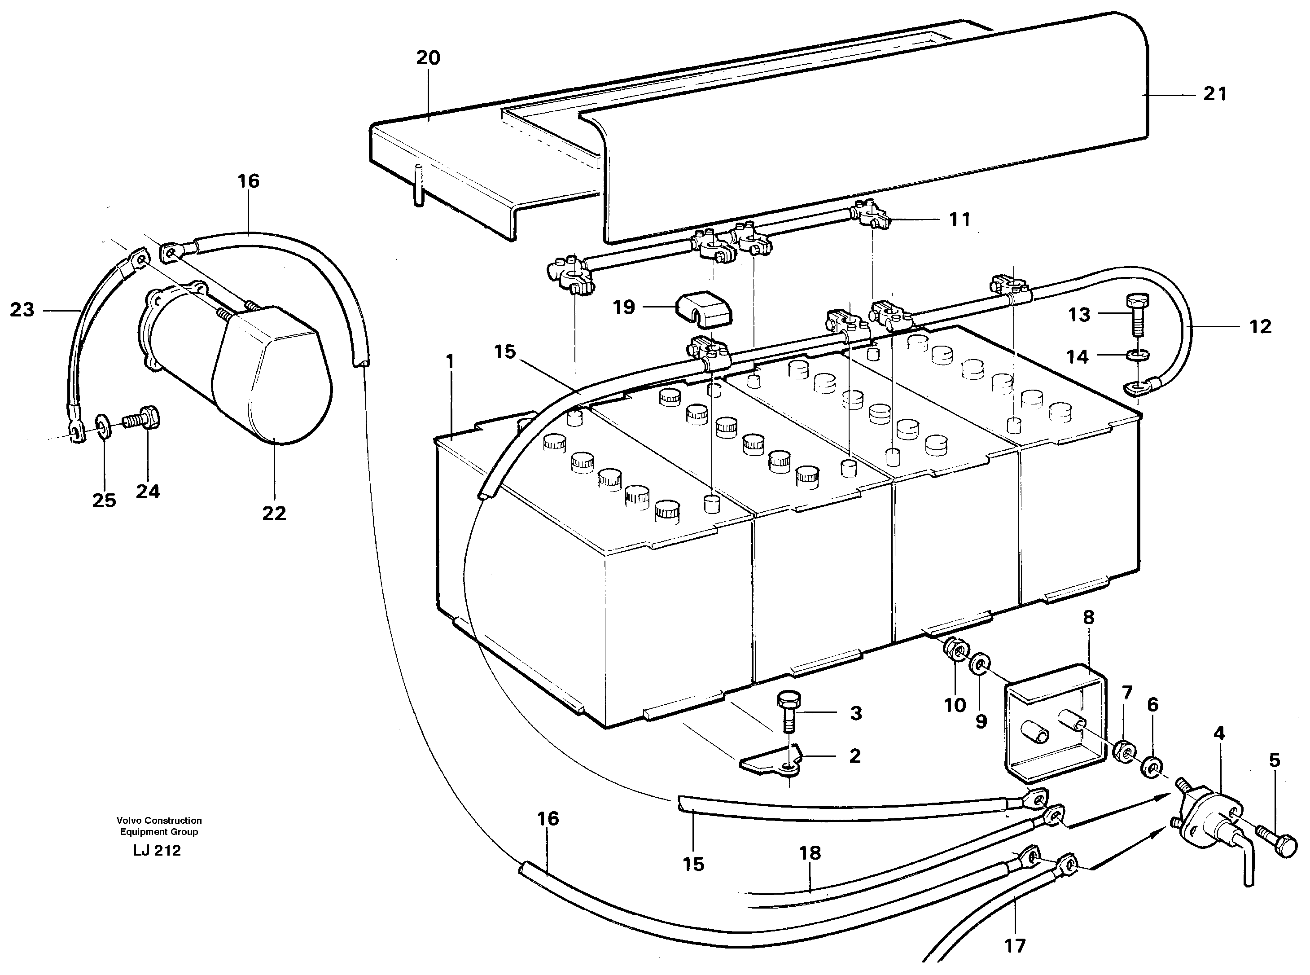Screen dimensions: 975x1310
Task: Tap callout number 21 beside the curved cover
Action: click(1214, 94)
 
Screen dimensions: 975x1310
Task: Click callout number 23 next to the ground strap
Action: click(22, 310)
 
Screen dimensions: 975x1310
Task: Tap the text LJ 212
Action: click(156, 851)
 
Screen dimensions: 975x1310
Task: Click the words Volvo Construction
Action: click(159, 821)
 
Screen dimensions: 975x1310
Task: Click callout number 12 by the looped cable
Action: click(1260, 326)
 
